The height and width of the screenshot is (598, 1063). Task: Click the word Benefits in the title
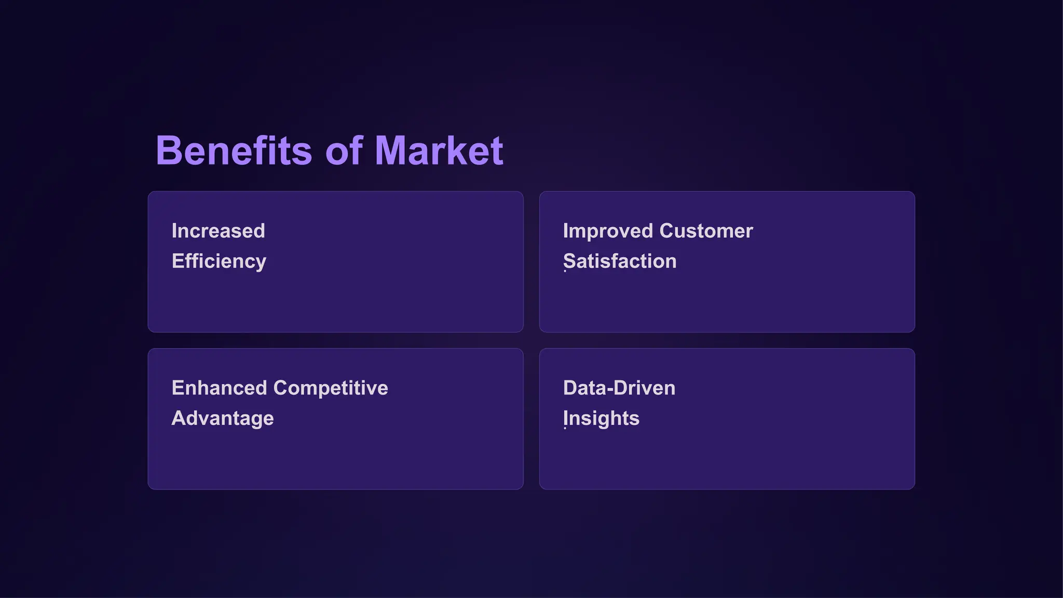coord(234,151)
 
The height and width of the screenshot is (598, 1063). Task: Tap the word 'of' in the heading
coord(344,151)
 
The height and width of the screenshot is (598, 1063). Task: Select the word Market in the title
coord(439,151)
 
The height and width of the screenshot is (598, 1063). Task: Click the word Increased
coord(218,231)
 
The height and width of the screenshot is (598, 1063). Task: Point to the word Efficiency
coord(219,261)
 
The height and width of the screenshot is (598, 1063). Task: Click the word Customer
coord(706,231)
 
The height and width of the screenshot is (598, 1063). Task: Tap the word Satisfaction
coord(620,261)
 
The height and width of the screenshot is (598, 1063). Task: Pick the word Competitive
coord(331,388)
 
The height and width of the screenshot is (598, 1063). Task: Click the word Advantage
coord(222,418)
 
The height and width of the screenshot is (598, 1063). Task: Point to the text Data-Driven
coord(619,388)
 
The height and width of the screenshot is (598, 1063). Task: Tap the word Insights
coord(601,418)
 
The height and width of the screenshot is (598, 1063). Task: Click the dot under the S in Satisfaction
coord(565,271)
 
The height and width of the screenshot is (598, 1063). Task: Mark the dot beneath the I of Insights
coord(565,428)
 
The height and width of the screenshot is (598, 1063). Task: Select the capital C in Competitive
coord(281,388)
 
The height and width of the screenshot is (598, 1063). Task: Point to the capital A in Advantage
coord(179,418)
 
